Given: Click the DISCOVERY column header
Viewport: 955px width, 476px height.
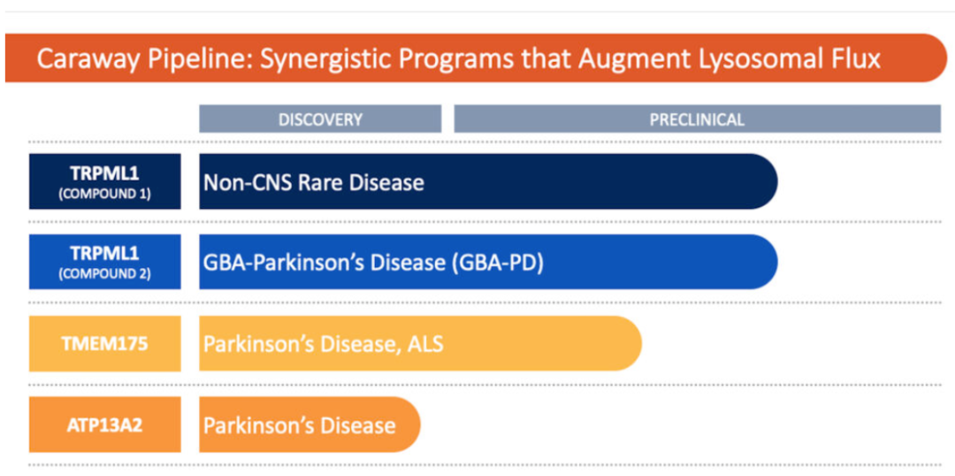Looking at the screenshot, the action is pos(320,119).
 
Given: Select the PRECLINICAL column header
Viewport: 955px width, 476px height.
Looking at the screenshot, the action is pos(697,119).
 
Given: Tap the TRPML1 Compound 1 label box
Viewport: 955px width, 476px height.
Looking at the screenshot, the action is pos(104,181).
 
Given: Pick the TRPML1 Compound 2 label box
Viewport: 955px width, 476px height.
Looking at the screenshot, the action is pos(104,262).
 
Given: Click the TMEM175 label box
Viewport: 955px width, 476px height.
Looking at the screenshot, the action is pos(104,344).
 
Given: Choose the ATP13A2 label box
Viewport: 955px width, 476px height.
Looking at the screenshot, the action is pos(104,425).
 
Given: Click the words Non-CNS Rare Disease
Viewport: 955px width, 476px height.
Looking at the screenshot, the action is pos(314,182).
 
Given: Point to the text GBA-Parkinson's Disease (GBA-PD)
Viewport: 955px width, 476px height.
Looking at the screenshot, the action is pos(373,263).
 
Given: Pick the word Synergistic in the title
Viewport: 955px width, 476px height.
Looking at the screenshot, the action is pos(304,60).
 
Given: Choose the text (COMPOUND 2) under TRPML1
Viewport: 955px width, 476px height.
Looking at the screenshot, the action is pos(104,274).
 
